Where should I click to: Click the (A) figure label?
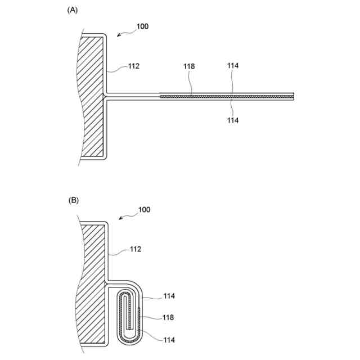[72, 10]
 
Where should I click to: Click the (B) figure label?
[74, 200]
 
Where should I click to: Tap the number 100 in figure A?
[142, 26]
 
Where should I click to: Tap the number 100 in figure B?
[144, 210]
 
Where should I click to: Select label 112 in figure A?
[133, 66]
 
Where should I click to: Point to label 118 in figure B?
[168, 317]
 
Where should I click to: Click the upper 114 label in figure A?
[233, 66]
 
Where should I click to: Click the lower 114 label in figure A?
[233, 120]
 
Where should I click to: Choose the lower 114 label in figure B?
[168, 340]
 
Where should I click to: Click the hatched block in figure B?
[91, 281]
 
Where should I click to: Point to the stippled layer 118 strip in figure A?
[225, 97]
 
